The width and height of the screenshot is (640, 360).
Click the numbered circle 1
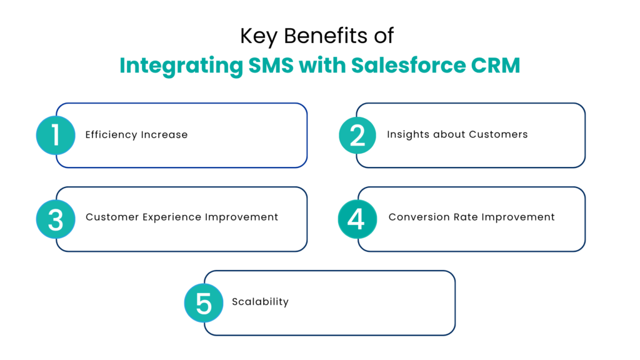point(56,135)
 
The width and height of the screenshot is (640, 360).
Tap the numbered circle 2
point(357,135)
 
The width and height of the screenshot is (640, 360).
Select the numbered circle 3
point(56,219)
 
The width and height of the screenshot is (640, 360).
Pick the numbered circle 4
point(357,219)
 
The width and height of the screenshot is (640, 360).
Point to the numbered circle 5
point(204,302)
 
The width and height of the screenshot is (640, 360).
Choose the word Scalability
point(260,302)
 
